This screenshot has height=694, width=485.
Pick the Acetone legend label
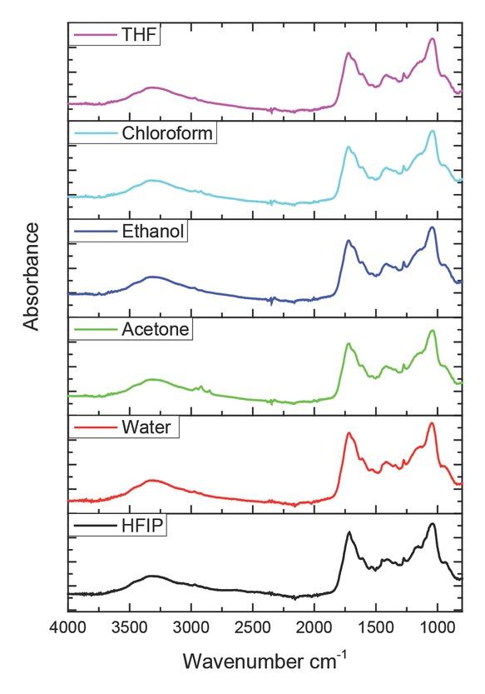tap(156, 329)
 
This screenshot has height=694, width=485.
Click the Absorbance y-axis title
tap(32, 276)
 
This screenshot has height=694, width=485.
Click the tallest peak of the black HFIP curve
tap(432, 524)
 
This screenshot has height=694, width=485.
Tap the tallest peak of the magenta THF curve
tap(432, 39)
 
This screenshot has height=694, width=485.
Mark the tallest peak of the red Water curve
tap(432, 423)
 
